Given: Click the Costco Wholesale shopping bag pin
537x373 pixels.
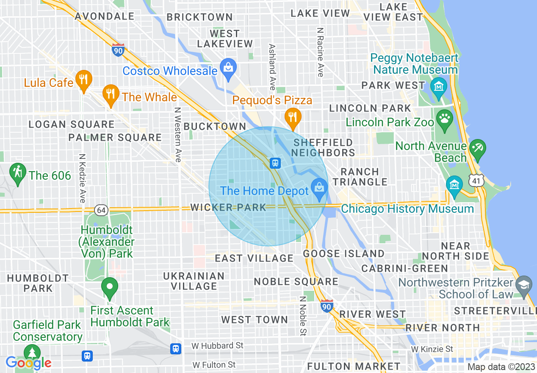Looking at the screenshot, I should point(228,68).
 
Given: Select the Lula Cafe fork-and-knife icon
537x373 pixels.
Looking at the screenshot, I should point(84,80).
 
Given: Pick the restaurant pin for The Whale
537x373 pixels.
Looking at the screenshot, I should point(111,95).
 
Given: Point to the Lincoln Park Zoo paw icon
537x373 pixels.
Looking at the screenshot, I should point(444,119).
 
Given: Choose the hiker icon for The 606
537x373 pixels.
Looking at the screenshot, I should point(17,173).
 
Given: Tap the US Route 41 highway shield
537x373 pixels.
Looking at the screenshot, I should point(476,181).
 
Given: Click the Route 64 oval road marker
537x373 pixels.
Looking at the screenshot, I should point(102,210).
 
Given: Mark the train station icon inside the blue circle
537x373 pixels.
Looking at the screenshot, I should point(275,163).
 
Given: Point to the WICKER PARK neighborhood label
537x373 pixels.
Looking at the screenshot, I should point(228,207).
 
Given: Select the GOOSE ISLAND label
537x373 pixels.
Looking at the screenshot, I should point(344,254).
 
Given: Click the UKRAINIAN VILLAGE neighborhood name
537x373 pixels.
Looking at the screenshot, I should point(194,281).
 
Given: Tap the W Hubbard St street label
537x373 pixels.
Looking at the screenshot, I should point(217,345).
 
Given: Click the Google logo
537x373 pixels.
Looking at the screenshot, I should point(28,363).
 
